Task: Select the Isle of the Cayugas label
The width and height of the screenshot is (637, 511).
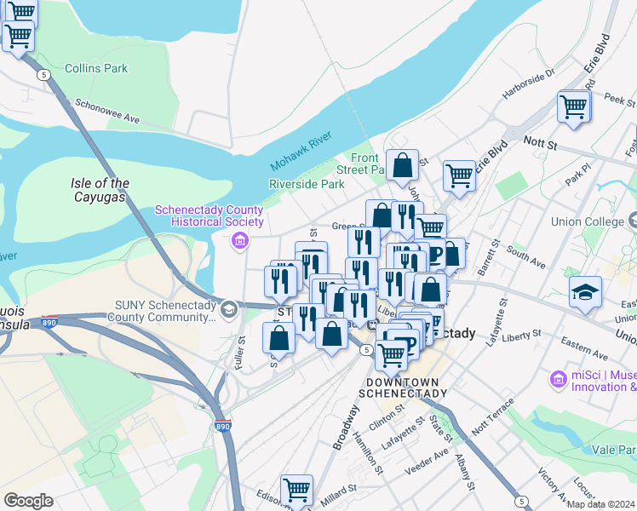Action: click(100, 190)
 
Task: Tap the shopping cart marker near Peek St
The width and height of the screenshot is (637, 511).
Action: click(574, 108)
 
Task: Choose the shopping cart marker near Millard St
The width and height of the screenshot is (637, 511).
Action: click(296, 491)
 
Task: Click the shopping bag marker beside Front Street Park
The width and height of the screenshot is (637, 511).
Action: click(402, 164)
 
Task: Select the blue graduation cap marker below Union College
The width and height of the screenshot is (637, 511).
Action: click(585, 291)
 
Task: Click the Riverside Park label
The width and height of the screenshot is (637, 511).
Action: click(307, 184)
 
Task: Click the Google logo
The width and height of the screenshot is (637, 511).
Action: click(28, 501)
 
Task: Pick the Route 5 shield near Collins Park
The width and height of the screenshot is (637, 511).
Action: click(43, 75)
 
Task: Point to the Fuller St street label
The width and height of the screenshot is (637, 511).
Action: click(242, 350)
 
